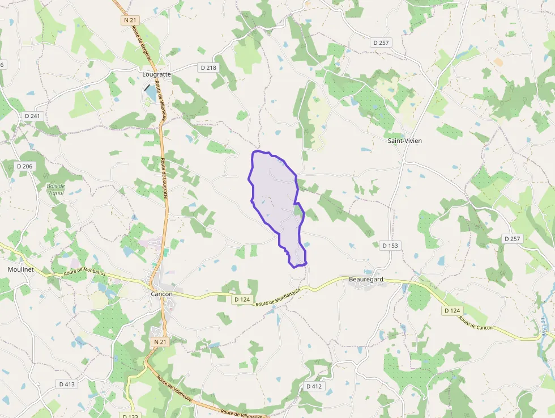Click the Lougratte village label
[156, 74]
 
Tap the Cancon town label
[162, 294]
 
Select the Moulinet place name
[21, 269]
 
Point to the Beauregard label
[366, 280]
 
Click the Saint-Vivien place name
[404, 140]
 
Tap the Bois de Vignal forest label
[56, 189]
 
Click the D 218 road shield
[208, 67]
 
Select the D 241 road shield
[32, 116]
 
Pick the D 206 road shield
[24, 166]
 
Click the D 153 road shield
[390, 246]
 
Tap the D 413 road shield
[66, 384]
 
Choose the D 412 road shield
[314, 386]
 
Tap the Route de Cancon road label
[476, 324]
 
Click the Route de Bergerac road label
[136, 41]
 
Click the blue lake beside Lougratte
[150, 93]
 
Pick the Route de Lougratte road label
[164, 177]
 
